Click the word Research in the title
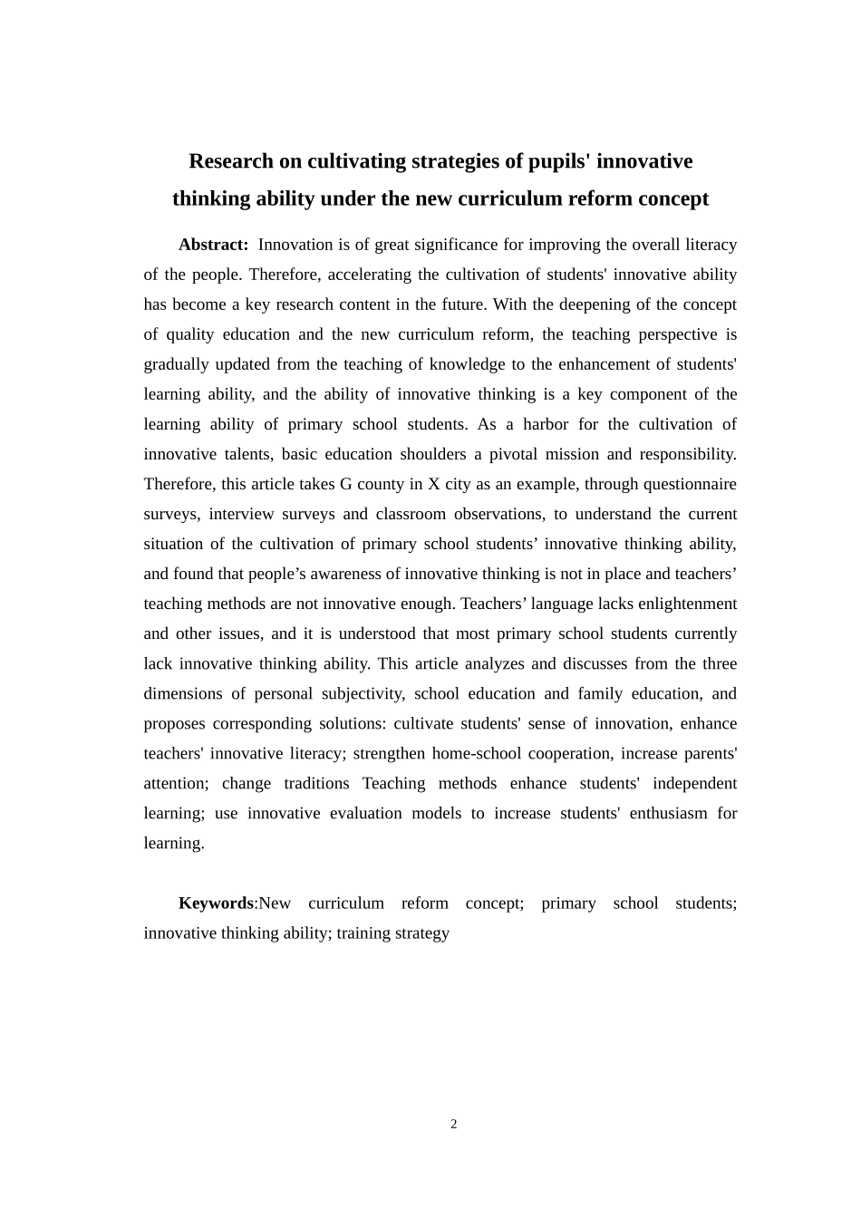click(231, 161)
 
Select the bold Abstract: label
click(213, 245)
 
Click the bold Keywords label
click(216, 904)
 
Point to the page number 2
click(454, 1125)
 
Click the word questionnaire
click(691, 484)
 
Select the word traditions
click(316, 783)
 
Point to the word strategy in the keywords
click(422, 933)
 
